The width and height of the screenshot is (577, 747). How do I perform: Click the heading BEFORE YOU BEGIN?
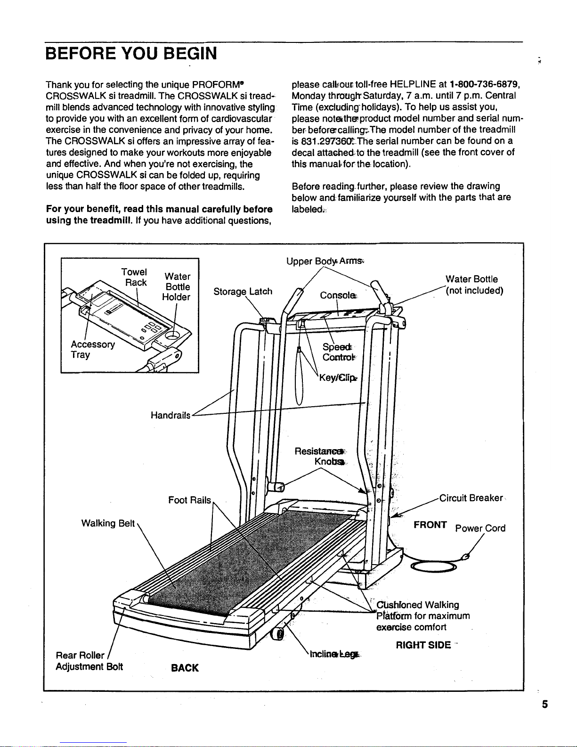131,53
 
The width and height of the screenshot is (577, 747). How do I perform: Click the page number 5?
545,705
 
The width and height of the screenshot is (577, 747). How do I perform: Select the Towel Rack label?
134,277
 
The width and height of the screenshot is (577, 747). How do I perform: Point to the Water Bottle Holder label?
177,287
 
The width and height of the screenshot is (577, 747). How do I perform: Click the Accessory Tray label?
92,349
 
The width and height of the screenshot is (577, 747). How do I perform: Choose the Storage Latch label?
243,291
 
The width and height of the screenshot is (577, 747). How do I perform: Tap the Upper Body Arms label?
325,261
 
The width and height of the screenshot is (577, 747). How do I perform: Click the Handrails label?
171,415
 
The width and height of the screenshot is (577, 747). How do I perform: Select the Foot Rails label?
190,500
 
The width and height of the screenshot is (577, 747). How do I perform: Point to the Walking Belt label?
108,523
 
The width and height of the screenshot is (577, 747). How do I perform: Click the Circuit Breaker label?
471,498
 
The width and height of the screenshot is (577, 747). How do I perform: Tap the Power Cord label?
480,528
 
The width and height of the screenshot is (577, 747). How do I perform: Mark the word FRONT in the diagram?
430,525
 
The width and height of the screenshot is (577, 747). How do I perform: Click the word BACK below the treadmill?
185,668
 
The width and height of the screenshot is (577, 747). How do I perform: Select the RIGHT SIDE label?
423,645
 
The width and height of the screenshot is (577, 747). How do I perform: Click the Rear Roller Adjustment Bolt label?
89,661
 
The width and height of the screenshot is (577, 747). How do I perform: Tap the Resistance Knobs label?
320,456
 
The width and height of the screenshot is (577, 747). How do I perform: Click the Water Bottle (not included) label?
474,285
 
